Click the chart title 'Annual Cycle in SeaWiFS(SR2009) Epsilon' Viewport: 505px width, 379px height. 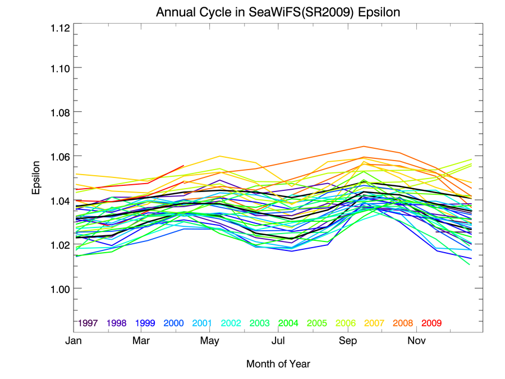pos(278,12)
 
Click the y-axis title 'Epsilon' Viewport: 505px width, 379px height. pos(36,178)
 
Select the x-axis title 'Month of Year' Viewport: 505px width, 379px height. pos(278,364)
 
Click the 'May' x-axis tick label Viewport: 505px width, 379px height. pos(210,341)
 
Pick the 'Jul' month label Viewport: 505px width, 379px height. pos(278,341)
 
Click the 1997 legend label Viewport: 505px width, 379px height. pos(89,323)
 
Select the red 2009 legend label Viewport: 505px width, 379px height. pos(431,323)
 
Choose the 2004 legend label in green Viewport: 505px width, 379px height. pos(288,323)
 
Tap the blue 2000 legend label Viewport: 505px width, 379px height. pos(174,323)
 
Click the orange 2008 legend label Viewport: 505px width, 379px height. pos(403,323)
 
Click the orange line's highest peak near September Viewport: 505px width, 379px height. pos(364,147)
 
